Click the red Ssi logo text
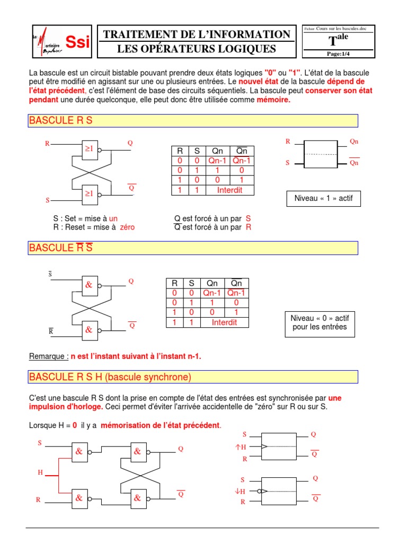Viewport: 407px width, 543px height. coord(77,42)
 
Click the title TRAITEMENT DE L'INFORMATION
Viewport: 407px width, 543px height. coord(197,34)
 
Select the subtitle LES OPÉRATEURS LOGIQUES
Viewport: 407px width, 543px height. coord(197,49)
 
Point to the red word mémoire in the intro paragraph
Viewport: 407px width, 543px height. coord(273,100)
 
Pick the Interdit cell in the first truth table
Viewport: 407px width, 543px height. coord(230,190)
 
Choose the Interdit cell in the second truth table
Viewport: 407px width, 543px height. coord(225,322)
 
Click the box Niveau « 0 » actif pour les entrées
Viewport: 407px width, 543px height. coord(319,322)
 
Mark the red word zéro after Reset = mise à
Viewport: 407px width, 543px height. coord(127,227)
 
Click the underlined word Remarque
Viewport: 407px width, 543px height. coord(48,356)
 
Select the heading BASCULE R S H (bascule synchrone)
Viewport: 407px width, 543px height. coord(110,378)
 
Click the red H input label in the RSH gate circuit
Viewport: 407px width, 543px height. coord(40,472)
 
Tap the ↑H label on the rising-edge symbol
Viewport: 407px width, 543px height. coord(241,447)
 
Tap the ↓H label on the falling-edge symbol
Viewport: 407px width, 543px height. coord(240,491)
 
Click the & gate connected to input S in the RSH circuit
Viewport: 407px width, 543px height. coord(79,452)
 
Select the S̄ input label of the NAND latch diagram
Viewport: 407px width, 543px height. coord(50,274)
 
